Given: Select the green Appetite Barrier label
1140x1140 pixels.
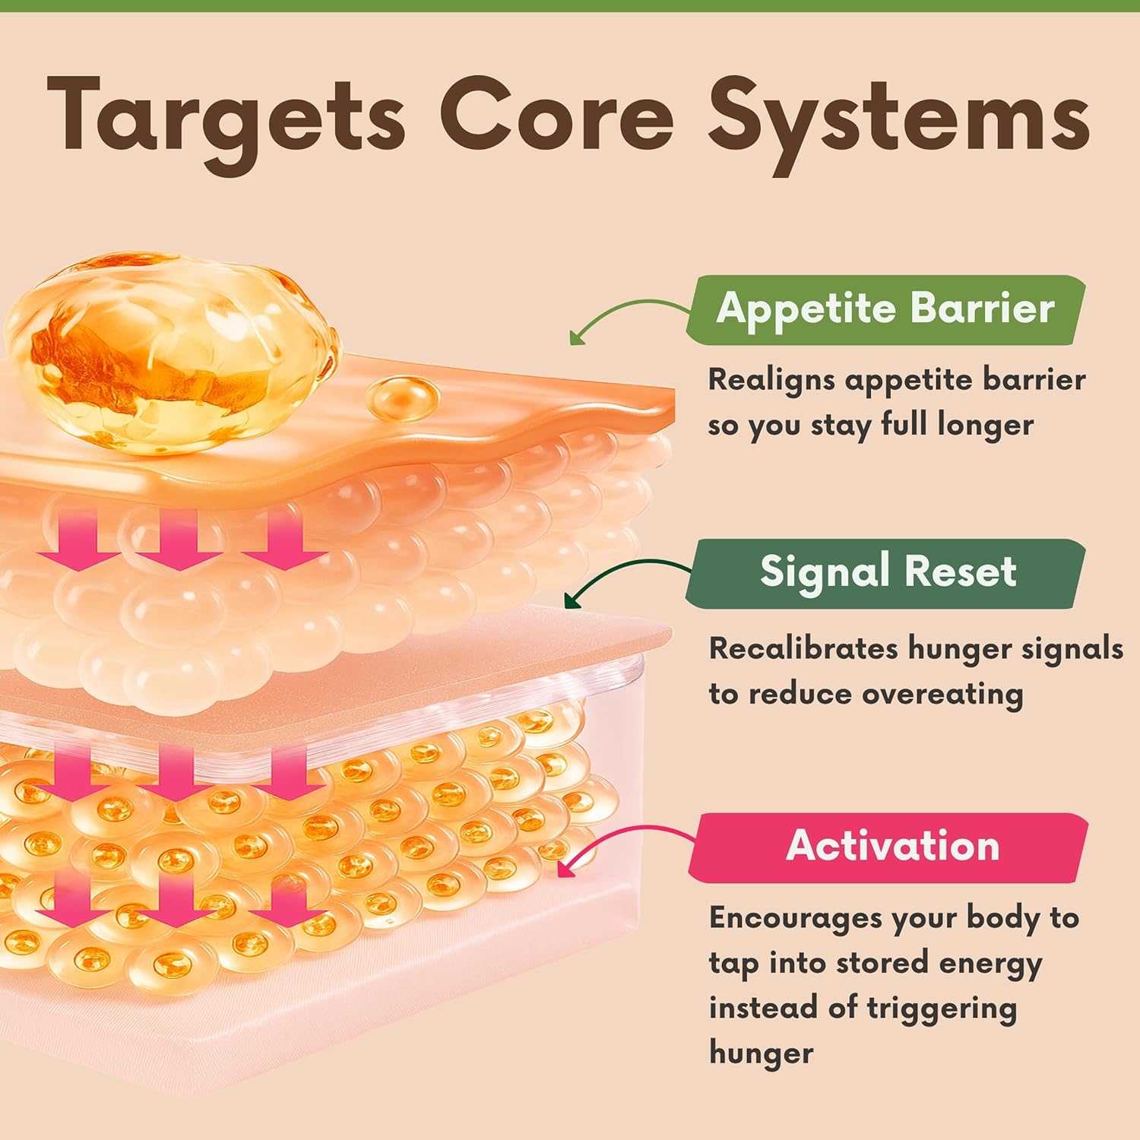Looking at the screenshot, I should pos(885,309).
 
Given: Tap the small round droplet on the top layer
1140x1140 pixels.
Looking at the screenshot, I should pos(403,397).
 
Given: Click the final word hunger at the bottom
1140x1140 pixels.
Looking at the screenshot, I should pos(761,1053).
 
